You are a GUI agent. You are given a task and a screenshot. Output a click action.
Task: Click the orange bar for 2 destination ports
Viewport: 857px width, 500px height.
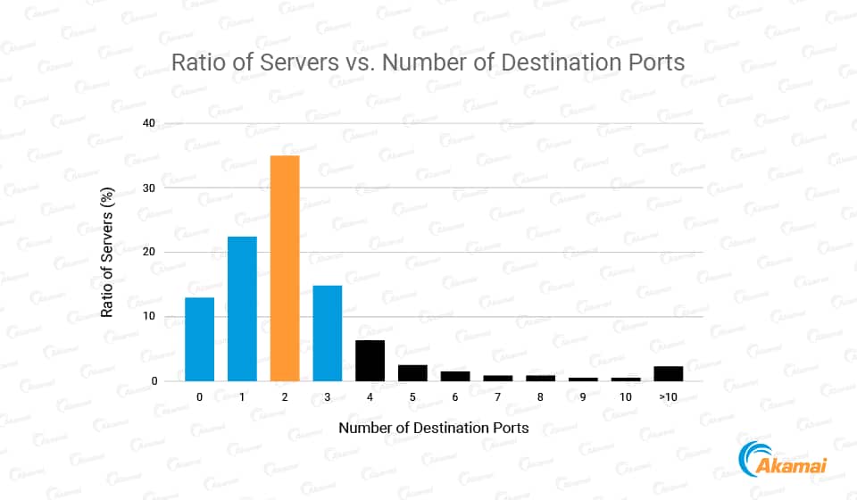click(285, 268)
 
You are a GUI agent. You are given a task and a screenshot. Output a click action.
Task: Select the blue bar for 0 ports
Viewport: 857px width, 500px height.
click(199, 339)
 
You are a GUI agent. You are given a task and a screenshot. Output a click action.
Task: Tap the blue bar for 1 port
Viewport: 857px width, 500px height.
click(242, 309)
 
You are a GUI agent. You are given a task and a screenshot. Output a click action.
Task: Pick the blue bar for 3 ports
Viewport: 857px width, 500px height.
click(328, 333)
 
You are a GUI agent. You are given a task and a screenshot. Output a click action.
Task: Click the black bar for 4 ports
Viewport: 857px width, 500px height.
click(370, 361)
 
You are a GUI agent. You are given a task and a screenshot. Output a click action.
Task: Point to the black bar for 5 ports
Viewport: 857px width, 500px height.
click(412, 373)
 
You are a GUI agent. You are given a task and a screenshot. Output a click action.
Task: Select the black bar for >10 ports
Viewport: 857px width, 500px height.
click(669, 374)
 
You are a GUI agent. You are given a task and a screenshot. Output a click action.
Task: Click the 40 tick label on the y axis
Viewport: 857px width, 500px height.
click(150, 123)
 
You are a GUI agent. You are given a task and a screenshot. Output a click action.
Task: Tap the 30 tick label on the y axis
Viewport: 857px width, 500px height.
click(150, 187)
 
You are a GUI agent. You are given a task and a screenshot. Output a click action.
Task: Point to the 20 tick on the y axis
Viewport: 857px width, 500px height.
click(150, 252)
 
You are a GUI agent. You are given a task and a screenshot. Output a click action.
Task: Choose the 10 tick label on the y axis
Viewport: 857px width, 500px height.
click(150, 316)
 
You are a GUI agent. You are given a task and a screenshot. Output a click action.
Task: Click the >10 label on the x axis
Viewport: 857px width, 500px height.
click(669, 396)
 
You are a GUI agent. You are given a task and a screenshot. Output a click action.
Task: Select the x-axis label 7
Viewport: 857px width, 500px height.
click(498, 396)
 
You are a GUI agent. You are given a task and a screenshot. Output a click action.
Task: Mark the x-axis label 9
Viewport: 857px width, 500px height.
click(584, 396)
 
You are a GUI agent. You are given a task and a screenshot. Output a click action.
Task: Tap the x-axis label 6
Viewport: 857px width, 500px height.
click(455, 396)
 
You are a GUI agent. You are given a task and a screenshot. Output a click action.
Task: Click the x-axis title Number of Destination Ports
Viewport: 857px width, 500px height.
click(433, 428)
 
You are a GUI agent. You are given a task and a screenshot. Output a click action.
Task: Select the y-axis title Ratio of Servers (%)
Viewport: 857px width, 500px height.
click(107, 252)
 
